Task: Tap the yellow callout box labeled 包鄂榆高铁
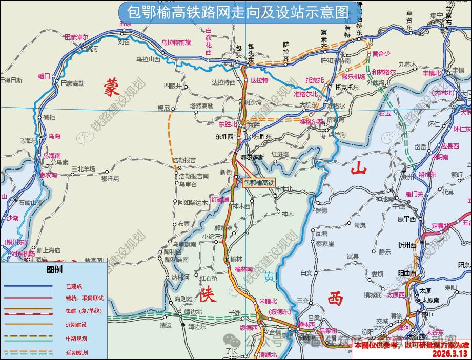point(259,182)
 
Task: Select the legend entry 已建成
point(74,286)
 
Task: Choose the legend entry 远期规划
point(76,353)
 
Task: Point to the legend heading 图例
point(54,269)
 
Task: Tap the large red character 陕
point(208,294)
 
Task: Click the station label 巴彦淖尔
point(76,37)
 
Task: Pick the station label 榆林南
point(244,269)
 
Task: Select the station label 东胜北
point(228,124)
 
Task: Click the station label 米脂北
point(268,301)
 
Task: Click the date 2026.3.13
point(450,354)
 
